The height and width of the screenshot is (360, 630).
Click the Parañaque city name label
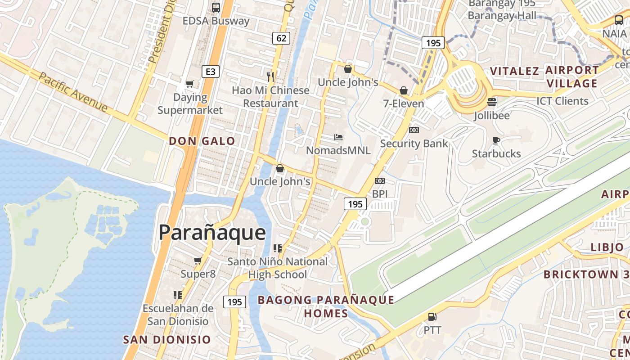point(212,233)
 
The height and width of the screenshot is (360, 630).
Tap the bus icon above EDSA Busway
point(216,7)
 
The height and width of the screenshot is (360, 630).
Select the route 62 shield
point(281,38)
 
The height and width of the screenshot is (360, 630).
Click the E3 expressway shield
point(210,72)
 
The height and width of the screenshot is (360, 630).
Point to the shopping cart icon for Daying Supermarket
point(190,84)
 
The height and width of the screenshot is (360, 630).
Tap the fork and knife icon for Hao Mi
point(270,76)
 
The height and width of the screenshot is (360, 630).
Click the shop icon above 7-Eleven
point(404,90)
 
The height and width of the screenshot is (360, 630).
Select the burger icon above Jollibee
point(492,102)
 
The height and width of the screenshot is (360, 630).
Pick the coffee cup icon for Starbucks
point(496,140)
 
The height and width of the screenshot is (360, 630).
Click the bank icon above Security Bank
point(414,130)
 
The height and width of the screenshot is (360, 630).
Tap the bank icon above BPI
point(380,181)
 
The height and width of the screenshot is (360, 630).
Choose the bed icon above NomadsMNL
point(338,137)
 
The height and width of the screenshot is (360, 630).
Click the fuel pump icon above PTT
point(432,317)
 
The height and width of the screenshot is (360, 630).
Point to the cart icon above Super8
point(198,261)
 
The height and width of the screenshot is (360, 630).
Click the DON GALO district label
point(202,141)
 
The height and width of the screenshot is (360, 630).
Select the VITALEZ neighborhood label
point(514,71)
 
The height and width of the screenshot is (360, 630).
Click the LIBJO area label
point(607,247)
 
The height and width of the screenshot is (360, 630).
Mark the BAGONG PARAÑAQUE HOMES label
point(326,306)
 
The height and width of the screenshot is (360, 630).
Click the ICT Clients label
point(562,101)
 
